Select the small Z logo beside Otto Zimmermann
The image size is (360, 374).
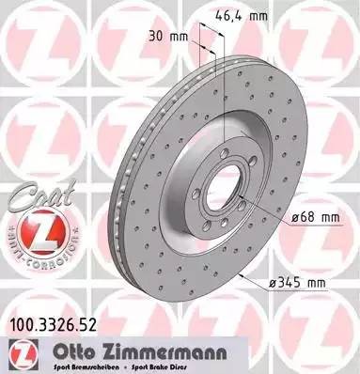(19, 354)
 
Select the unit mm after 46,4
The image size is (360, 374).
(258, 16)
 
